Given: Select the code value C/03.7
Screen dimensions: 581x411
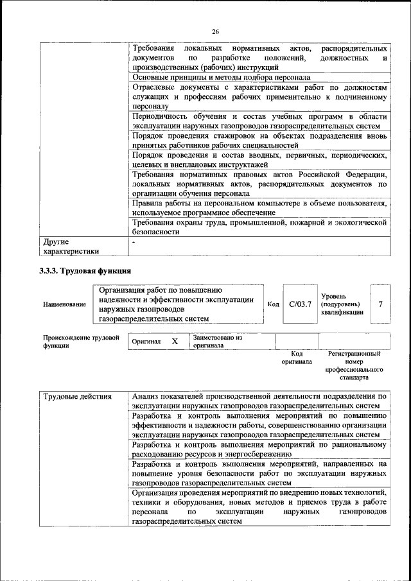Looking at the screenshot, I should [x=299, y=304].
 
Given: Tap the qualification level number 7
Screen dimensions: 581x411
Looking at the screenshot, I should [x=380, y=304].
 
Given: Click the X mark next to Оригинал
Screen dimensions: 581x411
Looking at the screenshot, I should [x=175, y=342].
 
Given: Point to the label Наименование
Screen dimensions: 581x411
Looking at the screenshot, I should [x=64, y=304].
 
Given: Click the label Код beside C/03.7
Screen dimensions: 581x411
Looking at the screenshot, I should [x=273, y=304].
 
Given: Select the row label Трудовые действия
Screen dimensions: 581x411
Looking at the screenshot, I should [x=77, y=396].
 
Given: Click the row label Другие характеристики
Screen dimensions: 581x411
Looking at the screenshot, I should [x=71, y=247].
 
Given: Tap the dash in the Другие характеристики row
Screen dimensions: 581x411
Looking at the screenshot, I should [x=133, y=243].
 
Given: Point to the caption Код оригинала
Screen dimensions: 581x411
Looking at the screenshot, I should [x=296, y=358].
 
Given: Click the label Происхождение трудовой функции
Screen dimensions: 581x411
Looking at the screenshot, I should [x=81, y=341].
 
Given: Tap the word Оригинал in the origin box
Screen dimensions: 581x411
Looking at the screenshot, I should [x=146, y=342].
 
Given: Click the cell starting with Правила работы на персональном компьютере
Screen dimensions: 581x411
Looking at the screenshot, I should [x=259, y=207].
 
